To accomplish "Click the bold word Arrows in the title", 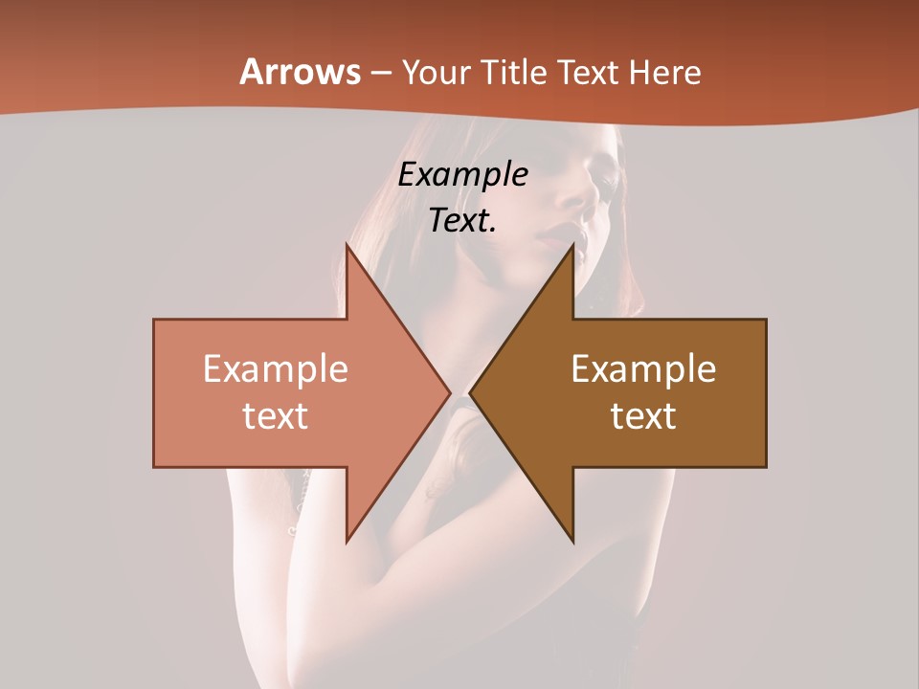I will (x=300, y=72).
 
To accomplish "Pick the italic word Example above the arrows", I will (x=463, y=175).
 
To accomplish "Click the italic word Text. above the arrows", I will (x=463, y=221).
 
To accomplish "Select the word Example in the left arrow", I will (x=275, y=369).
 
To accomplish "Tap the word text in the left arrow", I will (x=275, y=416).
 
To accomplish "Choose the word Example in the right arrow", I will (x=643, y=369).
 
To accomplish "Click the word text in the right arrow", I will (x=643, y=416).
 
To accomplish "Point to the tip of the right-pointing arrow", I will (x=450, y=393).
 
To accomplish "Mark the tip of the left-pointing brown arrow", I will (x=470, y=393).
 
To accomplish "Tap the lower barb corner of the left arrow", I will (x=347, y=543).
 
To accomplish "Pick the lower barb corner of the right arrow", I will (x=573, y=543).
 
